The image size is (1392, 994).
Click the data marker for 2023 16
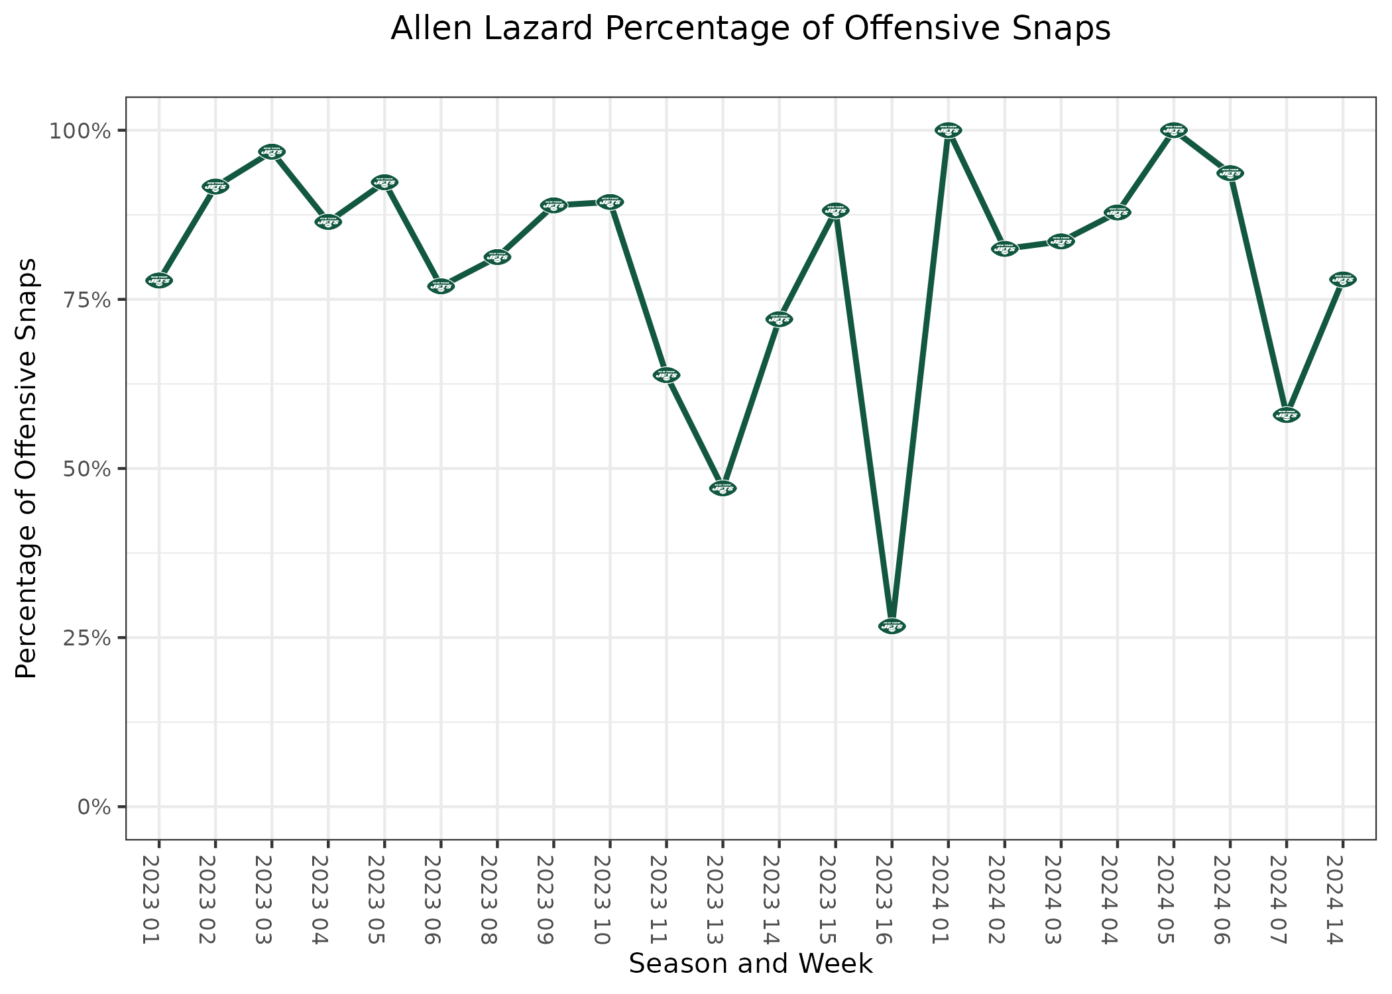[x=892, y=626]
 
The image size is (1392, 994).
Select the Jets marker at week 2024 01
[x=948, y=130]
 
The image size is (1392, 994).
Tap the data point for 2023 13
[x=723, y=488]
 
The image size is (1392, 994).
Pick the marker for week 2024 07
[x=1286, y=415]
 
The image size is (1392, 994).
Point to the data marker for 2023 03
[x=271, y=152]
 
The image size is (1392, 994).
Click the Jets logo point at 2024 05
[x=1173, y=131]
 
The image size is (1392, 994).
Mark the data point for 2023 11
[x=666, y=376]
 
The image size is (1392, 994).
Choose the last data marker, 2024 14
[x=1342, y=280]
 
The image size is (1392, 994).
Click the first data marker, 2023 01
[x=158, y=281]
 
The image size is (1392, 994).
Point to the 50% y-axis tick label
[x=82, y=469]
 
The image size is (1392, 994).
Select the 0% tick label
[x=93, y=807]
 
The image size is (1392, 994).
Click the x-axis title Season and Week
[x=750, y=964]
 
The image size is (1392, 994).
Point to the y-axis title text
[x=27, y=469]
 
